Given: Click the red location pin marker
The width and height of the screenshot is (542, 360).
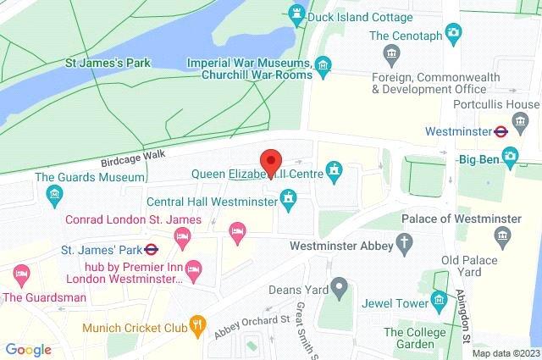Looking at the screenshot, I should click(270, 162).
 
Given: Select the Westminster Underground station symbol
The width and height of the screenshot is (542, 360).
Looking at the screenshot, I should click(501, 131).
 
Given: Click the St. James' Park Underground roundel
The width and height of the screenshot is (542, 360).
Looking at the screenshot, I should click(152, 250).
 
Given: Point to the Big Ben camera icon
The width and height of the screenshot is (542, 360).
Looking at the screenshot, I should click(510, 156).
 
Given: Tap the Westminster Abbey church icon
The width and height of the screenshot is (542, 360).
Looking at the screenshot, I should click(406, 245).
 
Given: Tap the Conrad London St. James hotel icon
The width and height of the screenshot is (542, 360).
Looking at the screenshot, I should click(181, 239).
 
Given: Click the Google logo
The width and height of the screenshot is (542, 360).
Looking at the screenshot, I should click(28, 349).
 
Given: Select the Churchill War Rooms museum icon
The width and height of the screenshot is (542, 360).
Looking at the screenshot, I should click(323, 64).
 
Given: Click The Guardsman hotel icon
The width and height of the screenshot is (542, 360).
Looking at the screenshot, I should click(21, 274).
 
